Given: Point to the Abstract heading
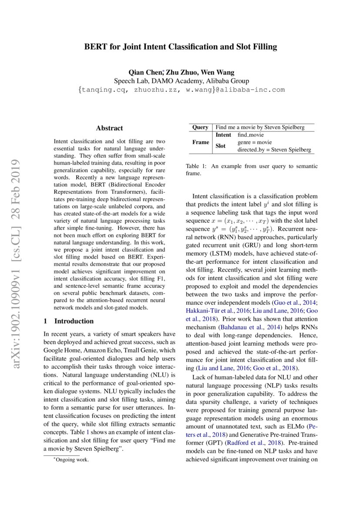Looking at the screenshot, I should (109, 128).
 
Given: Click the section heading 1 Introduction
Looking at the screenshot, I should (69, 321).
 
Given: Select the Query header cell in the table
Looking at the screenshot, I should (200, 127).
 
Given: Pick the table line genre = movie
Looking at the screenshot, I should (255, 142).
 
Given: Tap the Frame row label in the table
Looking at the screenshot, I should (201, 142).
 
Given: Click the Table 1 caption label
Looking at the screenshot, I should (195, 166).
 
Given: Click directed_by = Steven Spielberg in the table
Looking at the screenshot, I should (274, 150).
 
